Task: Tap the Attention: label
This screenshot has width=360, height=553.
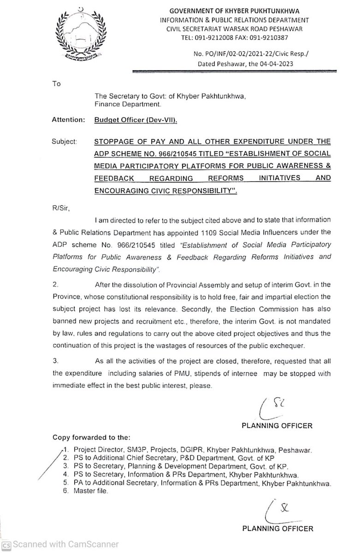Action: point(69,120)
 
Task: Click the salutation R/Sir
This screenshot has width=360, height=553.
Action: point(60,209)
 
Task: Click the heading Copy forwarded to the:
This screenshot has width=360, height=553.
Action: point(91,436)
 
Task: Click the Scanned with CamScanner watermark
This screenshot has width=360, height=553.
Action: point(60,544)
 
